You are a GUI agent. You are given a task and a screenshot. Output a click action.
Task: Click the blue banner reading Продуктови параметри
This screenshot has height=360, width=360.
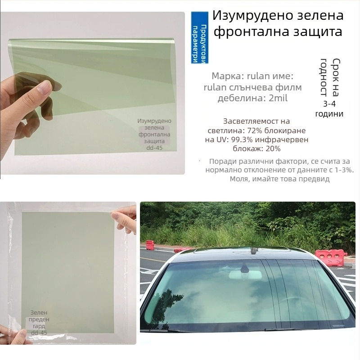click(199, 37)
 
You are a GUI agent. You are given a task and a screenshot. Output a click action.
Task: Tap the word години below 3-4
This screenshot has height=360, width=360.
click(329, 114)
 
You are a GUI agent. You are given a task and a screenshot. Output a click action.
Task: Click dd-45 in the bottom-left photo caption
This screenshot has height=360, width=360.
click(39, 333)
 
